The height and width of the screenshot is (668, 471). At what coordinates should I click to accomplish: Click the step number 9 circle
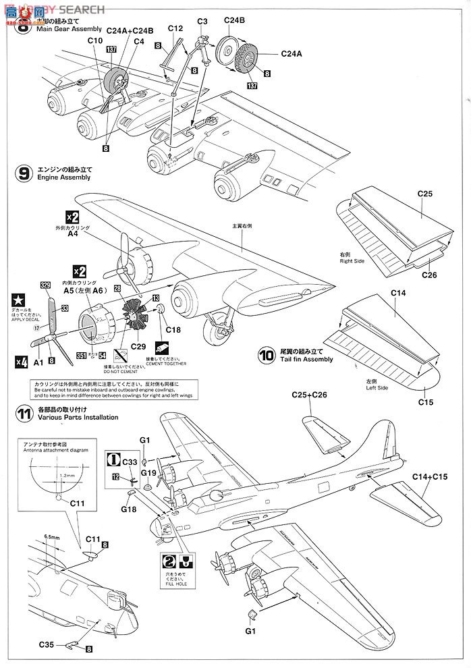coord(22,173)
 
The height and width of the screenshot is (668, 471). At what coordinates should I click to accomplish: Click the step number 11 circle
coord(23,413)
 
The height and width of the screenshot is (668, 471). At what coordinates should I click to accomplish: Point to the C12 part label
coord(175,29)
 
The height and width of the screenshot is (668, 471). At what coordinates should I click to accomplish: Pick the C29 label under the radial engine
coord(138,345)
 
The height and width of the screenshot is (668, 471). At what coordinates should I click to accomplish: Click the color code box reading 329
coord(45,285)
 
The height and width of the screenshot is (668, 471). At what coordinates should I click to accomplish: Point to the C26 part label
coord(430,275)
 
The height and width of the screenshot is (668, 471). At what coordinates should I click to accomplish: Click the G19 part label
coord(149,473)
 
